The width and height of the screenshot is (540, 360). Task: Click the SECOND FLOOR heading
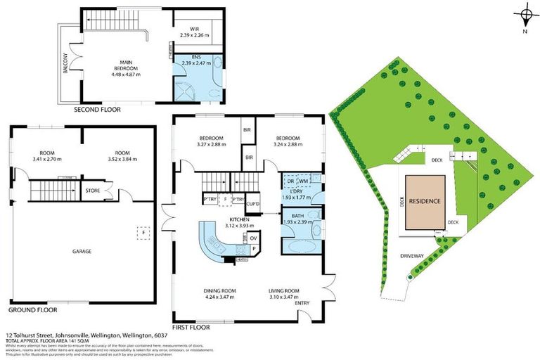click(97, 110)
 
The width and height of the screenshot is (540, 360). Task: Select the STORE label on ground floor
click(92, 188)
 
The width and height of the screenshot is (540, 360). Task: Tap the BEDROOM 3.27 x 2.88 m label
click(211, 141)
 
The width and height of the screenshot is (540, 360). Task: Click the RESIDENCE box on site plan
click(425, 202)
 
